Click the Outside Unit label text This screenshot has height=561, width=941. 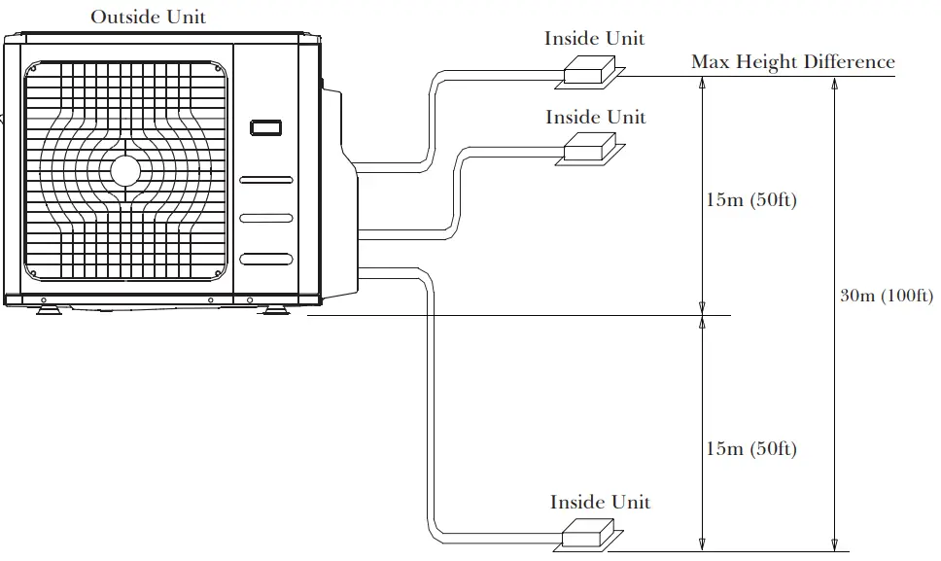coord(148,17)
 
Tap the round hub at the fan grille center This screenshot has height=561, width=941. coord(125,170)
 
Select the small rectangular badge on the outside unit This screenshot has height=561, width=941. coord(265,126)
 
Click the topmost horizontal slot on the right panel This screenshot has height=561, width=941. coord(265,180)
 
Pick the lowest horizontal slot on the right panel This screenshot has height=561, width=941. coord(265,259)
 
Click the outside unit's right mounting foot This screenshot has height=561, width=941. coord(273,309)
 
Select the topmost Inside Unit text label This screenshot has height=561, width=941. coord(594,39)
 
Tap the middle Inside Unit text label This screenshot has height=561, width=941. coord(595,117)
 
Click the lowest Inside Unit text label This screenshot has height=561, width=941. coord(600,502)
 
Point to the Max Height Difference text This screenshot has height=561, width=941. coord(792,61)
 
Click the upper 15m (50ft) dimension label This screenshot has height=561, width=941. coord(751,201)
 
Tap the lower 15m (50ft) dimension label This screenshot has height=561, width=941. coord(751,448)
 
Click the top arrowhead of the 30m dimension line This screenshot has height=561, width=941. coord(833,83)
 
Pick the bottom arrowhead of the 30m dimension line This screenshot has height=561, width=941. coord(833,543)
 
